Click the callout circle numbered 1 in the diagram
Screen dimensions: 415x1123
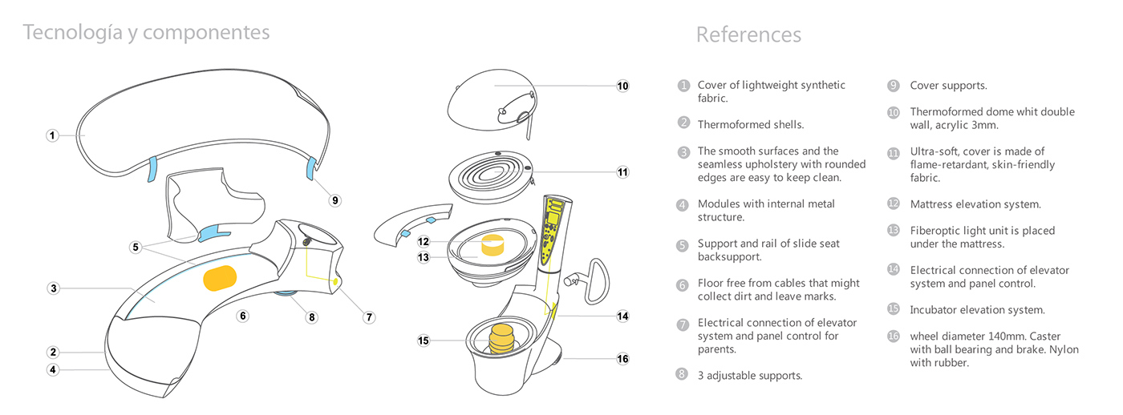52,136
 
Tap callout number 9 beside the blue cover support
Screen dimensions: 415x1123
335,200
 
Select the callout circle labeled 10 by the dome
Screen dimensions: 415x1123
623,86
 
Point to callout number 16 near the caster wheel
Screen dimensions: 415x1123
623,359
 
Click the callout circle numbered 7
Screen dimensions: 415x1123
370,317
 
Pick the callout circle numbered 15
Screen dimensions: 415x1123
424,340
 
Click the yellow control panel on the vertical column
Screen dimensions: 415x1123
553,228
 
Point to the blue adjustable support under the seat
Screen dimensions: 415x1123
285,297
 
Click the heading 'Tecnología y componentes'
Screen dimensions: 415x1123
146,32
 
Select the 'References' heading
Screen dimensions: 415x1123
748,34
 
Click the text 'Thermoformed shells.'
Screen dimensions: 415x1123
751,125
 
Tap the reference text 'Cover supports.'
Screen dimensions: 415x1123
948,86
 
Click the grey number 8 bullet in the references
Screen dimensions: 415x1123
683,374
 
